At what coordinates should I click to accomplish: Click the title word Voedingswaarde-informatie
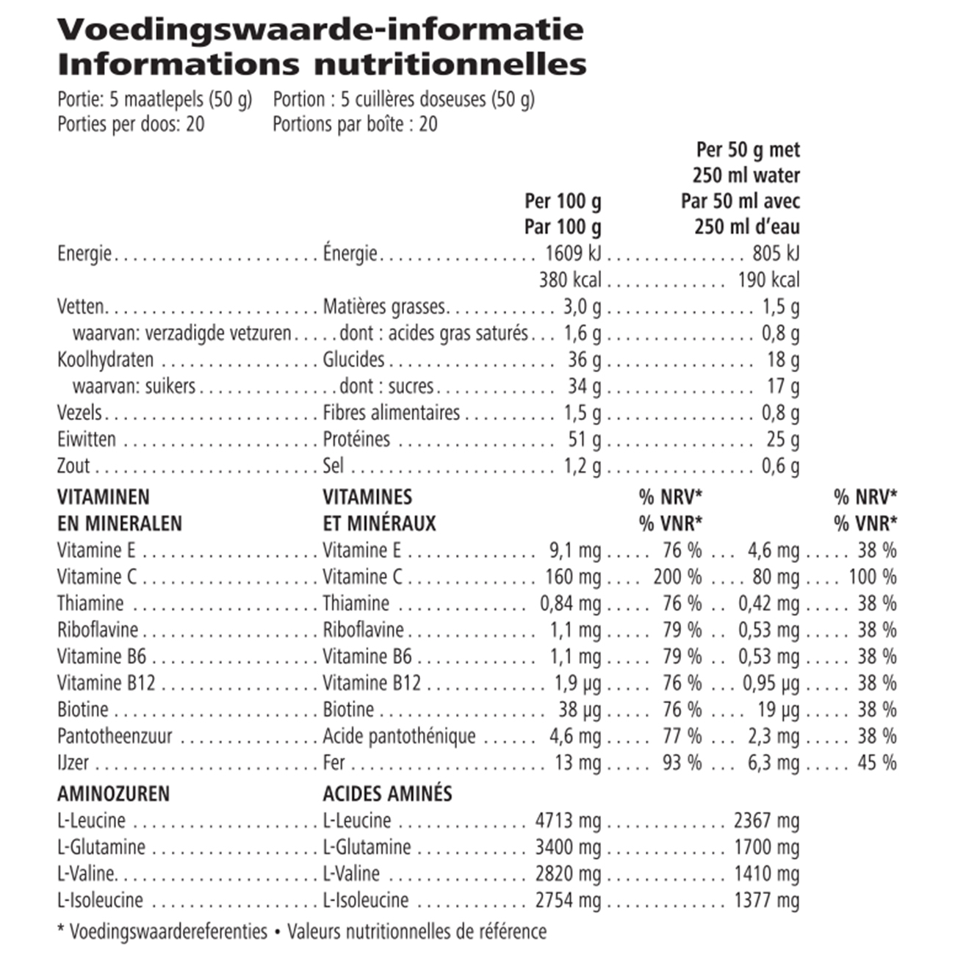pyautogui.click(x=320, y=29)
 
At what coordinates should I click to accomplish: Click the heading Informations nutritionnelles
pyautogui.click(x=322, y=64)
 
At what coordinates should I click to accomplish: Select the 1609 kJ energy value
pyautogui.click(x=573, y=253)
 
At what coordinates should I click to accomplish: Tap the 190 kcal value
pyautogui.click(x=768, y=280)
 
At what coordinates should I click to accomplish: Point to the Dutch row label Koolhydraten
pyautogui.click(x=106, y=360)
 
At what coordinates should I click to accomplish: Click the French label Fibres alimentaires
pyautogui.click(x=392, y=413)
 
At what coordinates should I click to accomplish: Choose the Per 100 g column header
pyautogui.click(x=563, y=201)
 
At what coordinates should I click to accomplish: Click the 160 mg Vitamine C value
pyautogui.click(x=573, y=577)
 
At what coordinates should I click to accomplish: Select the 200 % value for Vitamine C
pyautogui.click(x=677, y=577)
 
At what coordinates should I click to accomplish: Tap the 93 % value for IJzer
pyautogui.click(x=682, y=763)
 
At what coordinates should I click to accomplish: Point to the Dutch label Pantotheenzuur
pyautogui.click(x=115, y=736)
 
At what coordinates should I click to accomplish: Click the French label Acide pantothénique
pyautogui.click(x=399, y=736)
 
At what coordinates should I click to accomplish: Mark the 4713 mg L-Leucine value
pyautogui.click(x=568, y=821)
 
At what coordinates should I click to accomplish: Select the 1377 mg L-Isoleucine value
pyautogui.click(x=766, y=900)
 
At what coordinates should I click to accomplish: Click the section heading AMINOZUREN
pyautogui.click(x=113, y=794)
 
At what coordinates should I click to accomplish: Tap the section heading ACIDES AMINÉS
pyautogui.click(x=387, y=794)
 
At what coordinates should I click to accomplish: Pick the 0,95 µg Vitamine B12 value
pyautogui.click(x=771, y=683)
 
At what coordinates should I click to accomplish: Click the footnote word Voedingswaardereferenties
pyautogui.click(x=168, y=932)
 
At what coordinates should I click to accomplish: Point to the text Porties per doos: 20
pyautogui.click(x=131, y=123)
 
